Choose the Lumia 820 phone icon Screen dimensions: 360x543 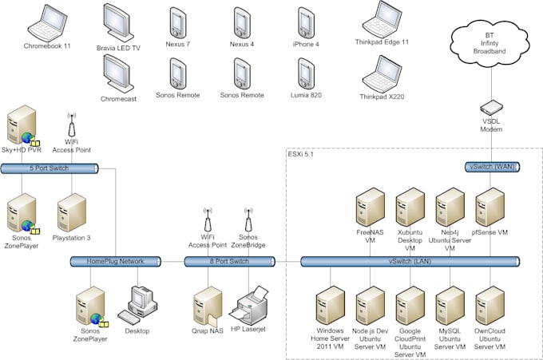tap(305, 73)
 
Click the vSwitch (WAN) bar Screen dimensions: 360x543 tap(491, 166)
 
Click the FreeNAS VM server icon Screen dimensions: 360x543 tap(370, 208)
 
